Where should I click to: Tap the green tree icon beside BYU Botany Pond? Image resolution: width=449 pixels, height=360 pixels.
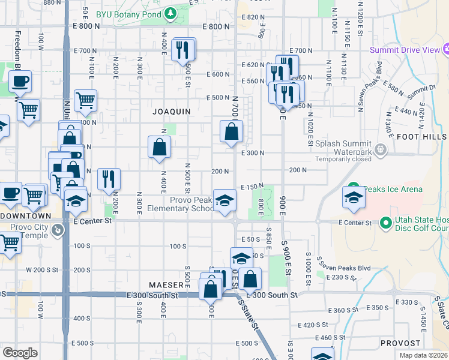click(171, 12)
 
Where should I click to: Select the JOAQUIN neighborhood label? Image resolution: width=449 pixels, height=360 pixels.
click(171, 112)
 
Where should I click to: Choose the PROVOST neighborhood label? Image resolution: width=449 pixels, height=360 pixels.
click(396, 343)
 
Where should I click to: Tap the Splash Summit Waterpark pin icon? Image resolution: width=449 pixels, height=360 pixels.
click(379, 148)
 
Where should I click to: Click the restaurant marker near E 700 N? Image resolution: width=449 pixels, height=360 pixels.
click(184, 50)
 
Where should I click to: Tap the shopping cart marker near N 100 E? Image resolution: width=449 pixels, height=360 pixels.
click(85, 101)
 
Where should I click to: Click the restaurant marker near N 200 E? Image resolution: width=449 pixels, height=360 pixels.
click(109, 179)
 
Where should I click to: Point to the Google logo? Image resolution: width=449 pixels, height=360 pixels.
click(20, 353)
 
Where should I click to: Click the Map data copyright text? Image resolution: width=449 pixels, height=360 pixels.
click(424, 355)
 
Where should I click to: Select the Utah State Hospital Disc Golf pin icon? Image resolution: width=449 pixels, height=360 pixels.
click(385, 224)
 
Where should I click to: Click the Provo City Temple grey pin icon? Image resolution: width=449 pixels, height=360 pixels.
click(58, 230)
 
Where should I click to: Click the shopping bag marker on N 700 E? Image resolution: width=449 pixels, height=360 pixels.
click(231, 131)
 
